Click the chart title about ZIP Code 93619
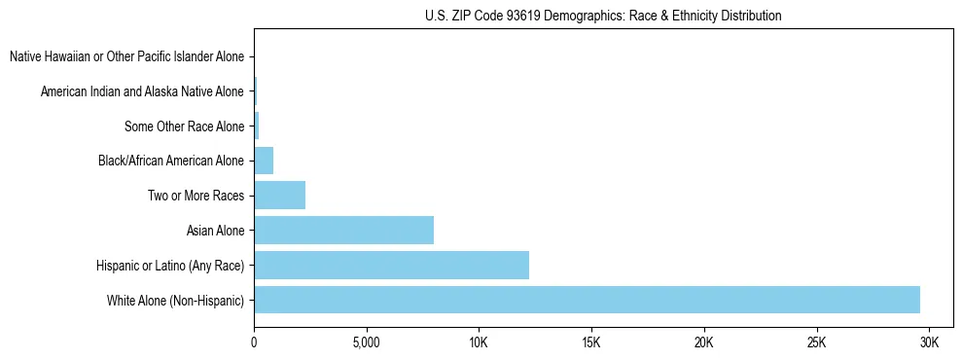[603, 16]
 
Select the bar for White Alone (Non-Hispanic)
[587, 300]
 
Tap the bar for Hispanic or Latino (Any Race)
[391, 265]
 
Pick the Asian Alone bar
[343, 230]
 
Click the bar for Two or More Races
[279, 195]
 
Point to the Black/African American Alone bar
[264, 160]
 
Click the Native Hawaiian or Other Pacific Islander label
[126, 56]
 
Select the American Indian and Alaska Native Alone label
[142, 91]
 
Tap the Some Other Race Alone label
[184, 126]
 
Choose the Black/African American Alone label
[171, 161]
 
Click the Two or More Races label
[196, 196]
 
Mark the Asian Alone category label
[215, 231]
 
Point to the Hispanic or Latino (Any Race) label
[170, 266]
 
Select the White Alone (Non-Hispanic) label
[175, 301]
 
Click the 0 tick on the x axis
[254, 342]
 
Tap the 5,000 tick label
[366, 342]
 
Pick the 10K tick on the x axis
[479, 342]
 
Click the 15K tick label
[591, 342]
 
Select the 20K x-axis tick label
[704, 342]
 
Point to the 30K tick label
[929, 342]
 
